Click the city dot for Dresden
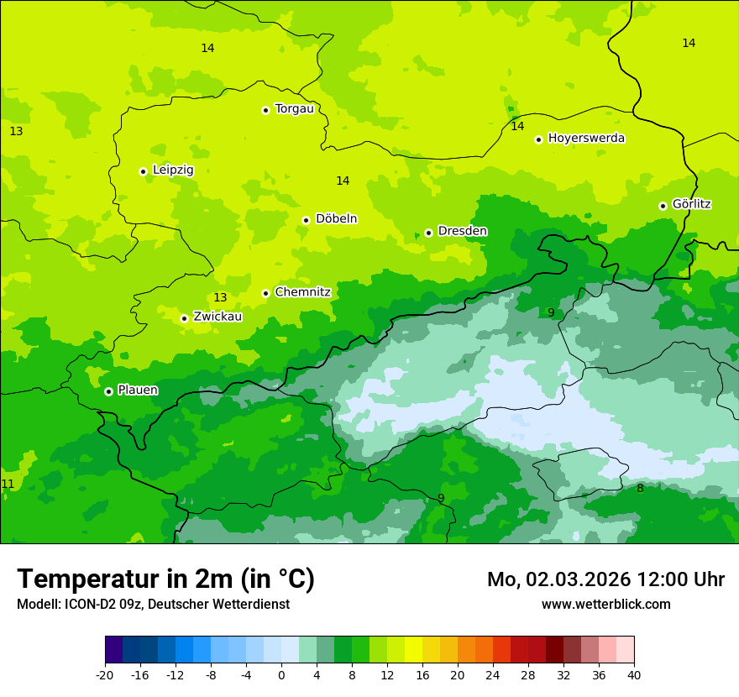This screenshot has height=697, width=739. [428, 233]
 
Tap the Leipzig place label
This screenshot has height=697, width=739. [173, 170]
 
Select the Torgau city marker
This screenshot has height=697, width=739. [265, 110]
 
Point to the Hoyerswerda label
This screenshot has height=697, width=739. [586, 139]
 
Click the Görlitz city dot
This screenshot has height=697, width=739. [663, 206]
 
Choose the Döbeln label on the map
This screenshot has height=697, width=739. [336, 219]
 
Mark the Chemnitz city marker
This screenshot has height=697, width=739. [265, 293]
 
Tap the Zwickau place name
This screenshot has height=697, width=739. [218, 317]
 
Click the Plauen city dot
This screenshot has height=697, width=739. [108, 391]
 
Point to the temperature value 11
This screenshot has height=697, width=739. [8, 485]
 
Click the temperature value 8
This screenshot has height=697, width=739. [640, 489]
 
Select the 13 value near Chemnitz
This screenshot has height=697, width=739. [220, 298]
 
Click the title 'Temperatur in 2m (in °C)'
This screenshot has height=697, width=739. [165, 579]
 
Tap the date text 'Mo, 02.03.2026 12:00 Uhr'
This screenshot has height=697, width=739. [605, 579]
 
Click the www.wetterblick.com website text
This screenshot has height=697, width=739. [605, 605]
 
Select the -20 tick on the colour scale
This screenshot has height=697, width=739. [105, 674]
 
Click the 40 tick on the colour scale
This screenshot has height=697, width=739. [634, 674]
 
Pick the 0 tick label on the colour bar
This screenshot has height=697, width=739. [281, 674]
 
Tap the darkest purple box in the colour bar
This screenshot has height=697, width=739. [113, 650]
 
